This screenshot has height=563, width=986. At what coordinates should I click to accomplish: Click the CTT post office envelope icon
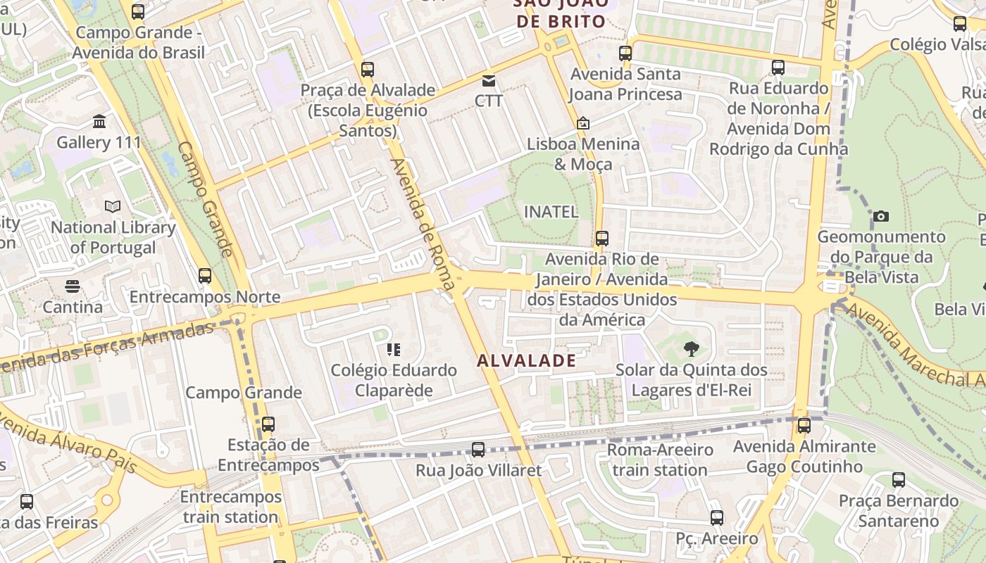[x=488, y=81]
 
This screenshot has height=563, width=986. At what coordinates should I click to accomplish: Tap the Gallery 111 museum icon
[x=99, y=122]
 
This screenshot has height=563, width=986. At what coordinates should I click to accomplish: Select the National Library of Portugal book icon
[x=113, y=207]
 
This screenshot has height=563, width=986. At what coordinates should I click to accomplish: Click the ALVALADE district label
[x=526, y=361]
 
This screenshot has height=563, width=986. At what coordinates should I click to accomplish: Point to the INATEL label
[x=551, y=211]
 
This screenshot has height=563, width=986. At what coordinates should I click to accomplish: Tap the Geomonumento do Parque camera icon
[x=881, y=216]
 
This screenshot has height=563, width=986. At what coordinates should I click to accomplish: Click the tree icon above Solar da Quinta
[x=692, y=348]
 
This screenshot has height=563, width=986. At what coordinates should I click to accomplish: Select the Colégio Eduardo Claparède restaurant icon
[x=394, y=349]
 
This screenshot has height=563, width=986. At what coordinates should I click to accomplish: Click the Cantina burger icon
[x=73, y=286]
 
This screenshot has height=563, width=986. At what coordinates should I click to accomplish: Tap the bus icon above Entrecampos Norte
[x=205, y=276]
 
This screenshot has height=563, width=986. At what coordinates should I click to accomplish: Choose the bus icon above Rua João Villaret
[x=478, y=450]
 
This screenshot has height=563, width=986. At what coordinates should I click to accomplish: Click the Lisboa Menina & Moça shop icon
[x=583, y=124]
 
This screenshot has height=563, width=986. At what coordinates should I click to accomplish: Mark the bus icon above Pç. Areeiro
[x=717, y=518]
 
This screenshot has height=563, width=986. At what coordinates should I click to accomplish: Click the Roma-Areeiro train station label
[x=660, y=460]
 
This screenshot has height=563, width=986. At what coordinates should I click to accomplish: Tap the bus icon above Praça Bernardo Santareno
[x=899, y=481]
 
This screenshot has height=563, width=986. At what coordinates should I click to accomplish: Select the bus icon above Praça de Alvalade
[x=367, y=70]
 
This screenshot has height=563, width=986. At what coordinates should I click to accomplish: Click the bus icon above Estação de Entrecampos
[x=268, y=424]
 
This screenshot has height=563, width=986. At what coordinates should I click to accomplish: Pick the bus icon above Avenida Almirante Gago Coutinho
[x=804, y=426]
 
